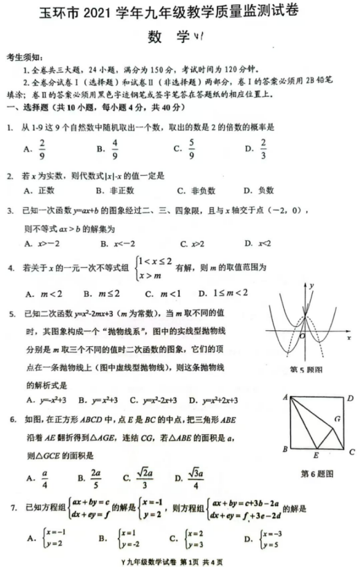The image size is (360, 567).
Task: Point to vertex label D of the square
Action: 350,398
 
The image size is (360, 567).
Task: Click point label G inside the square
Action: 337,419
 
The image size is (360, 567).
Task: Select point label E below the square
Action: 315,456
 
